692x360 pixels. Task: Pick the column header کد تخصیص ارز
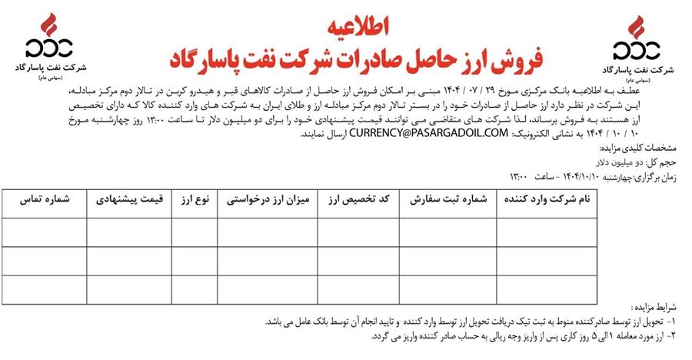click(x=358, y=200)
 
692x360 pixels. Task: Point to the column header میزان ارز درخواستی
click(x=267, y=200)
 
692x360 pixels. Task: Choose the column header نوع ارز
click(x=195, y=200)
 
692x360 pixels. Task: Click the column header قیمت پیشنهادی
click(x=128, y=200)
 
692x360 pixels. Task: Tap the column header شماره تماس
click(x=44, y=200)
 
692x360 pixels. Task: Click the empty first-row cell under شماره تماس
click(x=44, y=232)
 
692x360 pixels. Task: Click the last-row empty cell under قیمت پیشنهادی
click(x=128, y=289)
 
